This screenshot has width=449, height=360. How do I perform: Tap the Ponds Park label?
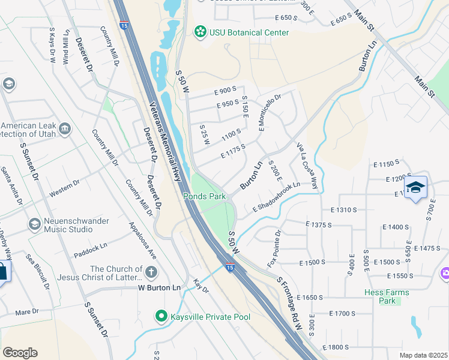click(204, 196)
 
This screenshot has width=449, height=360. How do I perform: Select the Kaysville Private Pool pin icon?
click(161, 316)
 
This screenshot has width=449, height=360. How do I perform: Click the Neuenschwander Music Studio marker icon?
click(35, 224)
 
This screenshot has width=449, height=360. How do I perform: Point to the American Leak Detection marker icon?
click(65, 128)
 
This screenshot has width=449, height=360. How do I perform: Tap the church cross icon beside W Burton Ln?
click(151, 272)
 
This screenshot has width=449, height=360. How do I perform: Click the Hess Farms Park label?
click(387, 296)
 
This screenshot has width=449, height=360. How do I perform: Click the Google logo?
click(20, 353)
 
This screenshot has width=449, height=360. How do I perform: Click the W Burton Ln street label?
click(159, 288)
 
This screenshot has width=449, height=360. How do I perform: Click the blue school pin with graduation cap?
click(416, 188)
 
